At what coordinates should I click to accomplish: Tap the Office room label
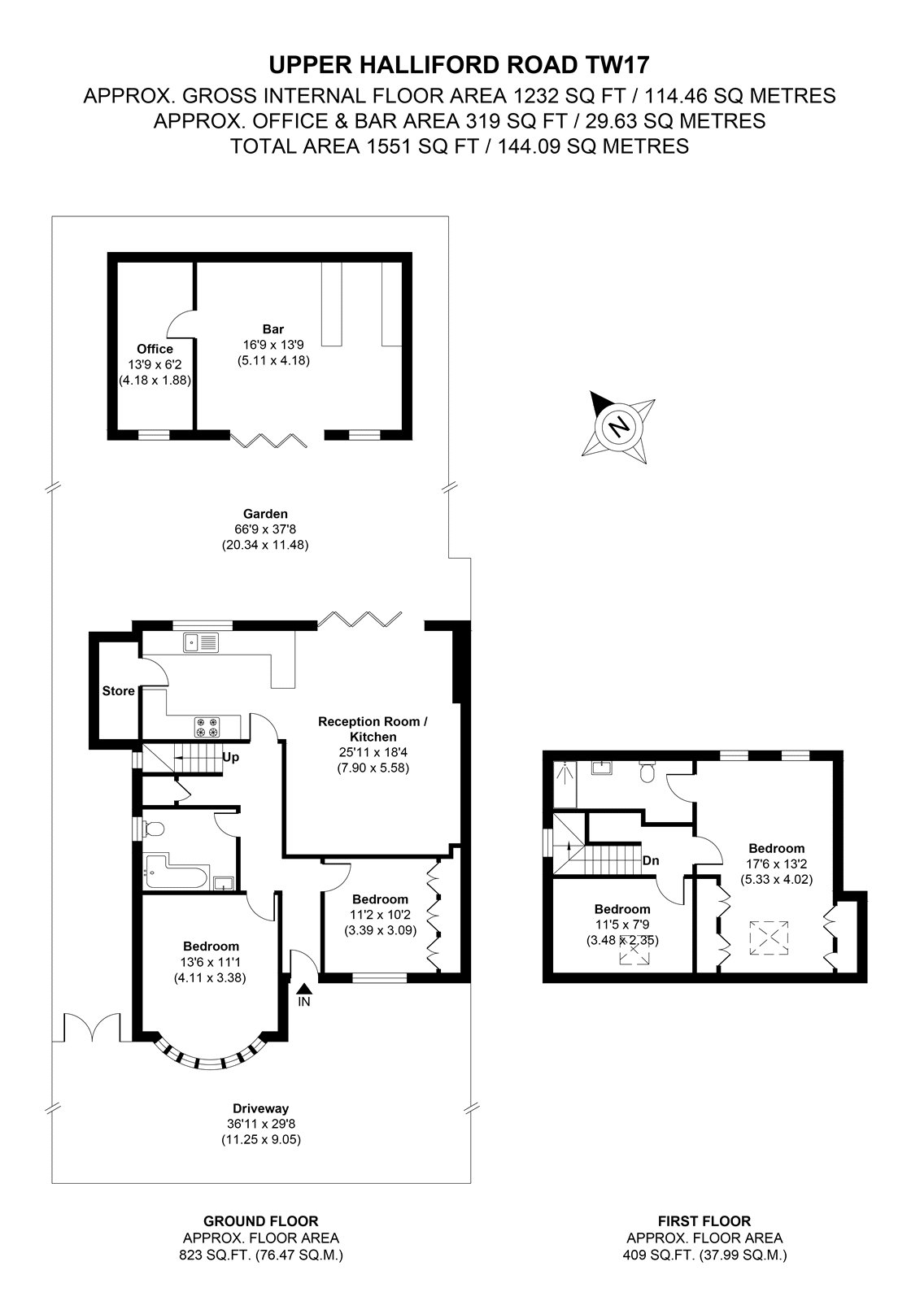[x=155, y=349]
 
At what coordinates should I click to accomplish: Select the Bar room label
[x=273, y=329]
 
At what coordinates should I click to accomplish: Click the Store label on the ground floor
[x=119, y=690]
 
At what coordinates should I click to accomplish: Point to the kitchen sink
[x=201, y=642]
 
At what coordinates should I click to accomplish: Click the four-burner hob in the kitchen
[x=208, y=727]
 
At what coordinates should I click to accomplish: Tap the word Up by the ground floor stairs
[x=231, y=757]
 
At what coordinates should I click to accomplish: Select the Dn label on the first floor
[x=651, y=860]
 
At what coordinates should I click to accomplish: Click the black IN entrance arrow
[x=304, y=989]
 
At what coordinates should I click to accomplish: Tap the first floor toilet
[x=647, y=771]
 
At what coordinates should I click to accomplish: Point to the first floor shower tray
[x=565, y=784]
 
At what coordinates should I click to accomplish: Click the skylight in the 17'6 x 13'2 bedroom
[x=769, y=937]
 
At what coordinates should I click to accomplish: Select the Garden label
[x=265, y=513]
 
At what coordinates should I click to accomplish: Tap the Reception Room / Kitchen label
[x=373, y=729]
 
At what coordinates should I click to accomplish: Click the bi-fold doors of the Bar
[x=269, y=440]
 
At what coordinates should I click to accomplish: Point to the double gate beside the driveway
[x=92, y=1028]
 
